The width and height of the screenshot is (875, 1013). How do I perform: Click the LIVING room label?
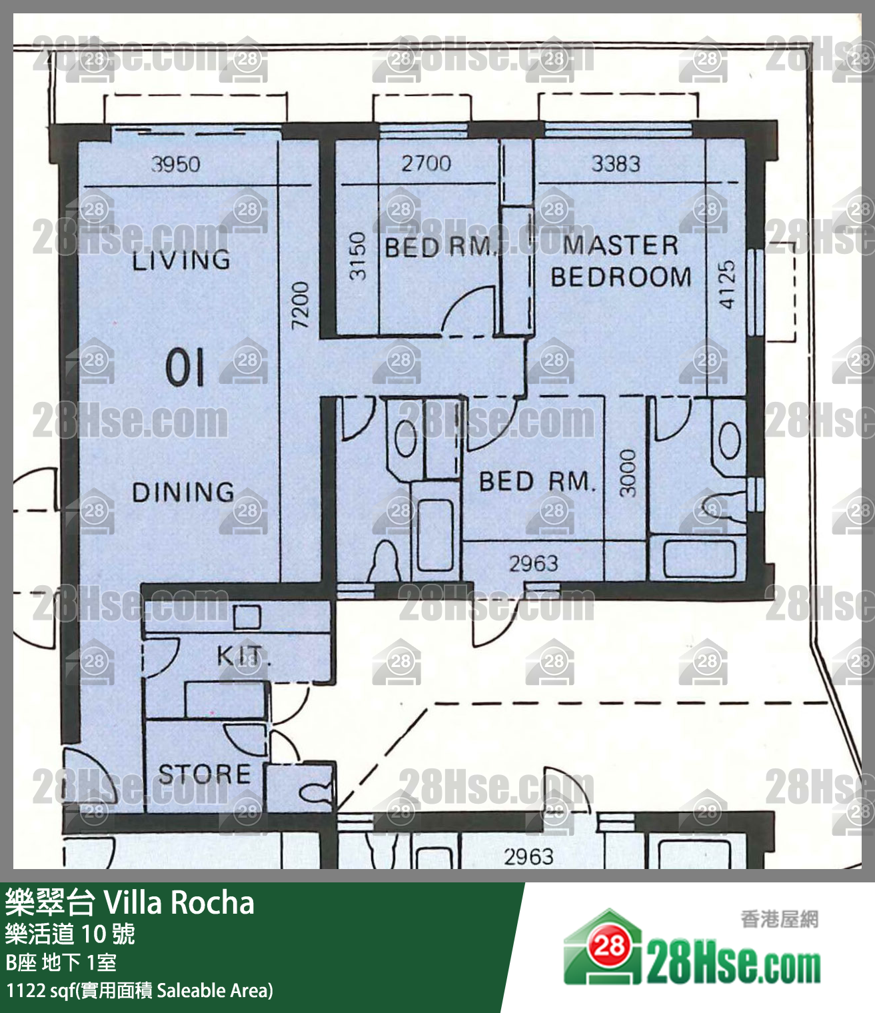[181, 260]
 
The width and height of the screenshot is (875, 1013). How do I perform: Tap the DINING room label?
[183, 492]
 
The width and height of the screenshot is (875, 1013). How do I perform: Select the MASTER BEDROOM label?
[620, 261]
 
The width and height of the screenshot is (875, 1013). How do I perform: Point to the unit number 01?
[185, 368]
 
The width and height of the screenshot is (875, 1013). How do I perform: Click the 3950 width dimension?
[175, 164]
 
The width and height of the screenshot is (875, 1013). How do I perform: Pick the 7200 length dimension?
[300, 305]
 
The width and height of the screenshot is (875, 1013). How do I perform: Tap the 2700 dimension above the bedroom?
[426, 163]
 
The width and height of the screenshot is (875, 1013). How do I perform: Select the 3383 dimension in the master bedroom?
[616, 164]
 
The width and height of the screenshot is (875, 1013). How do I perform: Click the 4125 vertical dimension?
[727, 285]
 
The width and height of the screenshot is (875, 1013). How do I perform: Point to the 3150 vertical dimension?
[357, 257]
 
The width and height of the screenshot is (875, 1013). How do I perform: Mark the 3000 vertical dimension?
[627, 473]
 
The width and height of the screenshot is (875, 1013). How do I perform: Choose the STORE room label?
[205, 774]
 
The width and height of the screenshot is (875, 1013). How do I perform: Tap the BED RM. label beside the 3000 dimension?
[537, 481]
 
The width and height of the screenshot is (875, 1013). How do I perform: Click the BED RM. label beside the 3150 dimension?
[440, 247]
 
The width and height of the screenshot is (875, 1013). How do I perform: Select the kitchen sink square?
[247, 617]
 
